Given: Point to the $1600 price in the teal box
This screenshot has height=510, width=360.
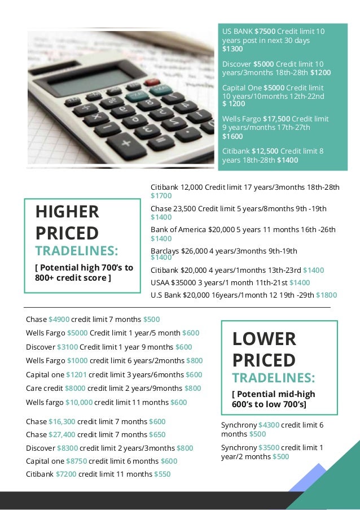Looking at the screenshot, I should coord(232,136).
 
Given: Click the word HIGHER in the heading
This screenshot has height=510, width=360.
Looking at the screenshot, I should coord(67,212).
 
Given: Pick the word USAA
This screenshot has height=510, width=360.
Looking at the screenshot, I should coord(161,282).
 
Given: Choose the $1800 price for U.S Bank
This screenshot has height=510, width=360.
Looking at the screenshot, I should coord(327,295).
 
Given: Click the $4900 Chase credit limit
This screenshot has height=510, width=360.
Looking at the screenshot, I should coord(59,319).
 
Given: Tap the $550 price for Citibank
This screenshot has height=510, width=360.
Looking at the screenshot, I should coord(162,474).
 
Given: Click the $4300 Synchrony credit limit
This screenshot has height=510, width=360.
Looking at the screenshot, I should coord(269,425).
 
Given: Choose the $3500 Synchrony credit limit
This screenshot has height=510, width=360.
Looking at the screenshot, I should coord(269,447).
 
